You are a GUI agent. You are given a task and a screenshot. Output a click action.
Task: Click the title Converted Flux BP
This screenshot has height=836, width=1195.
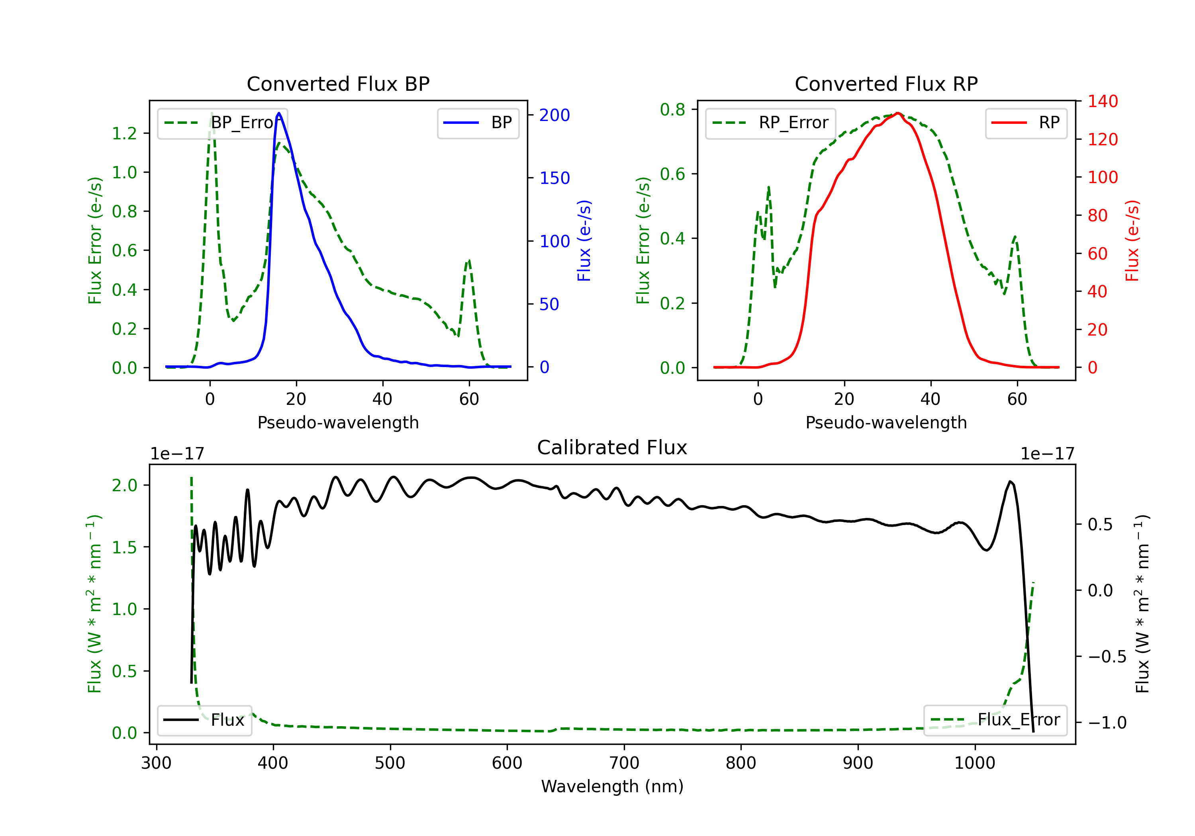[x=338, y=84]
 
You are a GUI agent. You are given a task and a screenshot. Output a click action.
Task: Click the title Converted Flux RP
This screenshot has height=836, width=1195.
[x=886, y=84]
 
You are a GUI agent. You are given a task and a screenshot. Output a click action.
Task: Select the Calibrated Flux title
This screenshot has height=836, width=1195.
[x=612, y=447]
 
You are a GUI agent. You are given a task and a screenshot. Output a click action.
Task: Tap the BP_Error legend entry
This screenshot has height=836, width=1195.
[x=222, y=123]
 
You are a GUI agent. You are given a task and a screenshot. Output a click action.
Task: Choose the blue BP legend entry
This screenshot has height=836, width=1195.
[x=478, y=123]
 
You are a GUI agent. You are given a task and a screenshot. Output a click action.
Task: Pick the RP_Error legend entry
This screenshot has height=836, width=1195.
[x=770, y=123]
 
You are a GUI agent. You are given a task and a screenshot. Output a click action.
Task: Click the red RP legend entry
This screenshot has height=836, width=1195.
[x=1026, y=123]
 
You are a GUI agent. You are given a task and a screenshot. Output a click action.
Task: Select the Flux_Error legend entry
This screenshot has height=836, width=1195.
[x=995, y=720]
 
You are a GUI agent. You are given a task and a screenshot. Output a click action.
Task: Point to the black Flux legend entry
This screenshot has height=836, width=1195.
[x=204, y=720]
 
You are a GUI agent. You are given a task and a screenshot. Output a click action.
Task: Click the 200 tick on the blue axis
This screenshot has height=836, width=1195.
[x=554, y=115]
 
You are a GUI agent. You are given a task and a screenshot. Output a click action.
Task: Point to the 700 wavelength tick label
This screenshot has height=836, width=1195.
[x=623, y=763]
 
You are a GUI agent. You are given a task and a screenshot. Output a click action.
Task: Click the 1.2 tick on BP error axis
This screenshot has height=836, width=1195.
[x=124, y=133]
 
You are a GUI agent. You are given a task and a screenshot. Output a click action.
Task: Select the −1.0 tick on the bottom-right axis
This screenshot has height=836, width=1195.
[x=1107, y=723]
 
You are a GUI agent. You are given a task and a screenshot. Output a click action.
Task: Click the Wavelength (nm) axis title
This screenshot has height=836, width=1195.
[x=612, y=787]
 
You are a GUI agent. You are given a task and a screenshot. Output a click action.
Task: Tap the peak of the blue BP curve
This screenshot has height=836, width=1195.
[x=279, y=113]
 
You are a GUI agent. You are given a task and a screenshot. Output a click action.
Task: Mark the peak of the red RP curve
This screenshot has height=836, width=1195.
[x=898, y=113]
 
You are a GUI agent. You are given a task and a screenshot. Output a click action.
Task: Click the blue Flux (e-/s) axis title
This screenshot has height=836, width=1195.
[x=584, y=240]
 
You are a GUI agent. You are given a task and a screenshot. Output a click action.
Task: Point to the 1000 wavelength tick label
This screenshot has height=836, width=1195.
[x=974, y=763]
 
